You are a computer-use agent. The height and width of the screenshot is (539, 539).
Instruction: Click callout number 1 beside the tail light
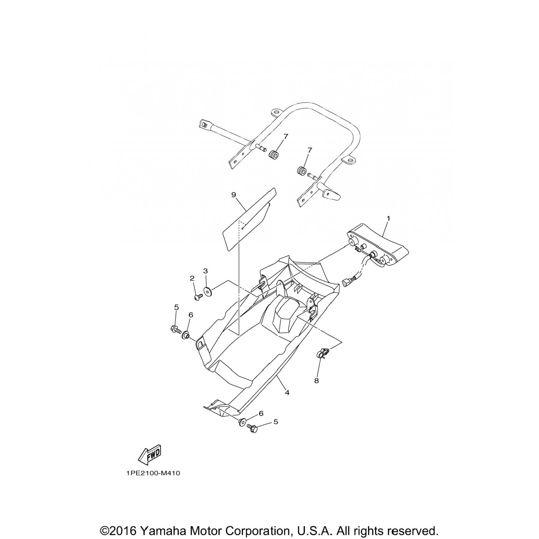(388, 218)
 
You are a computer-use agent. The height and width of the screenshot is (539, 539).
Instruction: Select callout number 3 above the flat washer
(206, 270)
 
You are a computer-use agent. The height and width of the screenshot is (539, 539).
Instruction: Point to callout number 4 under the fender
(287, 393)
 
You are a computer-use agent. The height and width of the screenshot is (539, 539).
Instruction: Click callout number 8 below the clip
(316, 381)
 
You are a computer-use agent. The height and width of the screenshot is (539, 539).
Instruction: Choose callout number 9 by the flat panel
(234, 194)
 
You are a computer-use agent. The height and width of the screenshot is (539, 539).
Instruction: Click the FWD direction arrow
(149, 453)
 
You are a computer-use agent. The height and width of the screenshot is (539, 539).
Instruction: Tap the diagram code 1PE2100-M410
(153, 473)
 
